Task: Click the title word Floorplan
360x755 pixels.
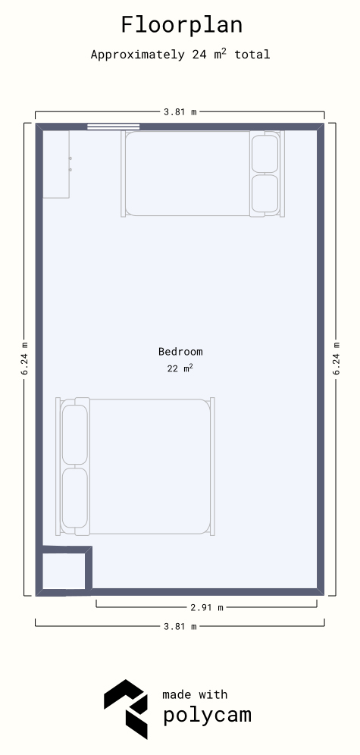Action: tap(181, 25)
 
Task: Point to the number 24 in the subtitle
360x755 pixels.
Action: tap(199, 55)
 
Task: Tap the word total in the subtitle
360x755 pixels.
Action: tap(252, 55)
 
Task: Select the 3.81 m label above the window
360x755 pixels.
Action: tap(180, 111)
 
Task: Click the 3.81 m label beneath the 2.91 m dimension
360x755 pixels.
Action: tap(180, 626)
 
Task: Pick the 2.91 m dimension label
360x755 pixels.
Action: tap(207, 607)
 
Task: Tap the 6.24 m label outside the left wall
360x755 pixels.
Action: tap(25, 359)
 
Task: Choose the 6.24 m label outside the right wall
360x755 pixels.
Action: tap(337, 359)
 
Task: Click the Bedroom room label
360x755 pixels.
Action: tap(180, 352)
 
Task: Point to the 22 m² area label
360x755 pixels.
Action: tap(180, 368)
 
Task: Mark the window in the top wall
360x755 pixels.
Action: tap(114, 127)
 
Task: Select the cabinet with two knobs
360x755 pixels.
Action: tap(56, 164)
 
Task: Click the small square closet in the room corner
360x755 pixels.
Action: tap(64, 571)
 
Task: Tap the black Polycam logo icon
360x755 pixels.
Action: tap(126, 709)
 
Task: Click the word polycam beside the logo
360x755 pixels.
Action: tap(207, 715)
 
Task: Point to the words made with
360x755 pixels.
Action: tap(195, 694)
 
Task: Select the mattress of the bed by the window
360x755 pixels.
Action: tap(188, 174)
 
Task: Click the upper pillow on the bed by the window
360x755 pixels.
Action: tap(265, 154)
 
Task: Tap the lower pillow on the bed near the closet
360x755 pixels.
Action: tap(75, 498)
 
